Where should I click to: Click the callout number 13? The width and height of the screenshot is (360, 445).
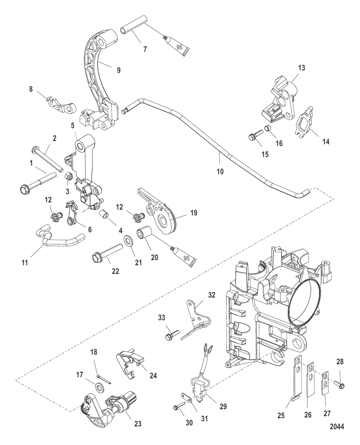pyautogui.click(x=301, y=68)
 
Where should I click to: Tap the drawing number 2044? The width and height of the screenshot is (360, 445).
pyautogui.click(x=337, y=427)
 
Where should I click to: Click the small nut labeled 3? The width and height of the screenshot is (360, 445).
pyautogui.click(x=68, y=176)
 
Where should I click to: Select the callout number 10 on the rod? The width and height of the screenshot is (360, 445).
pyautogui.click(x=220, y=171)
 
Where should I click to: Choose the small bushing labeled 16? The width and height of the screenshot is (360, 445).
pyautogui.click(x=267, y=130)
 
